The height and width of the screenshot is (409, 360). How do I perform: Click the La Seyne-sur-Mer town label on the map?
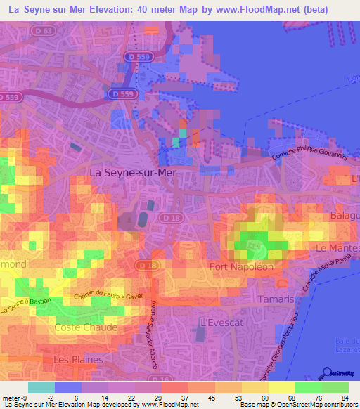(132, 171)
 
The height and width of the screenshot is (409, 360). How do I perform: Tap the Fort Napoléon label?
(242, 266)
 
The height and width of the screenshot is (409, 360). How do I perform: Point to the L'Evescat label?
(217, 321)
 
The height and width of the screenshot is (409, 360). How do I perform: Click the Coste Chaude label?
(86, 327)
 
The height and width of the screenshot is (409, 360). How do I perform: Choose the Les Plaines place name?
(78, 359)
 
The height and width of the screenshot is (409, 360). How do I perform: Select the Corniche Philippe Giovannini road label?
(309, 152)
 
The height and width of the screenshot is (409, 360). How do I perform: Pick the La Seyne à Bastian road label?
(27, 306)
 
